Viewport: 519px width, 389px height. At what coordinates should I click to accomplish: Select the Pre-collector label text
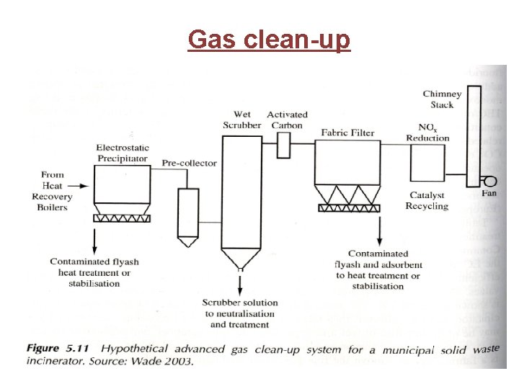click(x=189, y=164)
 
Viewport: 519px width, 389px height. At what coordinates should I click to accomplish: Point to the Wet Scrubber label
click(x=242, y=120)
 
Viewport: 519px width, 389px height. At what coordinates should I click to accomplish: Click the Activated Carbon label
click(x=287, y=120)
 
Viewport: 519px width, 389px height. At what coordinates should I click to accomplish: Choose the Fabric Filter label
click(x=347, y=133)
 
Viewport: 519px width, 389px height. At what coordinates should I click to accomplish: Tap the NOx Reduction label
click(x=427, y=133)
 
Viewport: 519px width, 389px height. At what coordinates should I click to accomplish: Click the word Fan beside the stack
click(x=489, y=193)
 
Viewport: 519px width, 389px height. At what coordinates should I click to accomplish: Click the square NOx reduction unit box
click(x=427, y=163)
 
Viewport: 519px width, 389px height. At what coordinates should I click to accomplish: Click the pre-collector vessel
click(x=187, y=213)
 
